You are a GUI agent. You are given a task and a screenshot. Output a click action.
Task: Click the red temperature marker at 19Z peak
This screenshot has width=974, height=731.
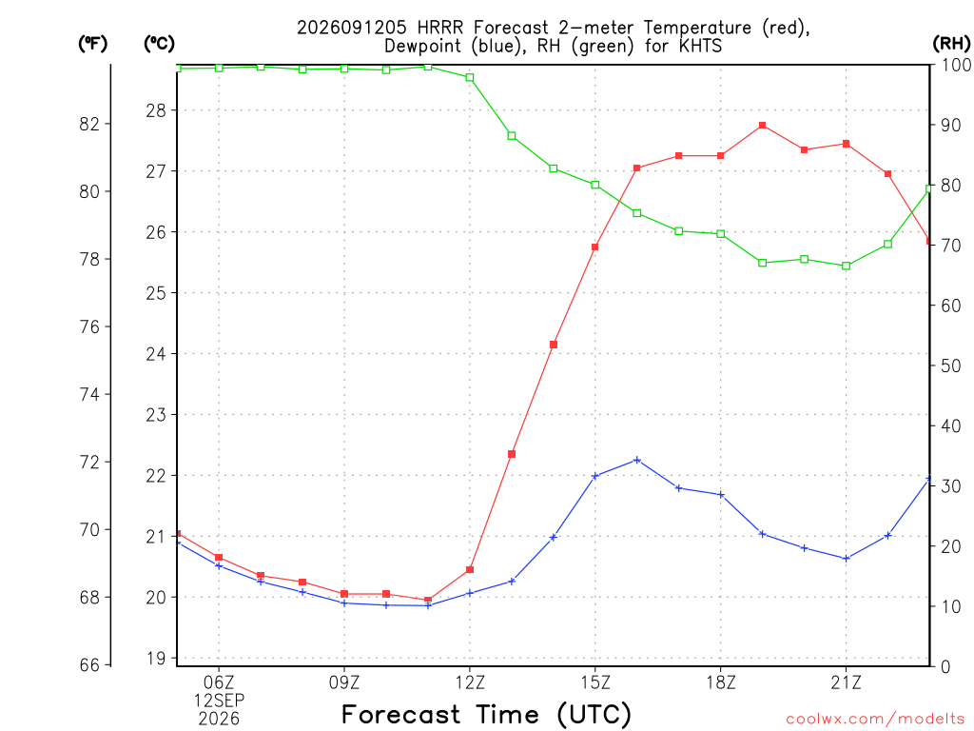coord(762,126)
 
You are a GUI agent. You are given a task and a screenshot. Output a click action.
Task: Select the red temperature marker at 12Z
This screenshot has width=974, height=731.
coord(470,569)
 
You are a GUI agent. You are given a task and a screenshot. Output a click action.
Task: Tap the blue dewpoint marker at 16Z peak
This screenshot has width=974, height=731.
coord(636,460)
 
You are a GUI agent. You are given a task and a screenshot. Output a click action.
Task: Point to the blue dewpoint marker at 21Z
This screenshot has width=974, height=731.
coord(846,559)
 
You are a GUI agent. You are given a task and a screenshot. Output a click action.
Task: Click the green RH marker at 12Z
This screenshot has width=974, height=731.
coord(470,78)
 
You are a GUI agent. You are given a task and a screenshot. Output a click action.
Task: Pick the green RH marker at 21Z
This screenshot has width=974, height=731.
coord(846,267)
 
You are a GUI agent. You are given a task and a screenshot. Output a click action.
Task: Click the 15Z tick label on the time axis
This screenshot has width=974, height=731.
coord(595,683)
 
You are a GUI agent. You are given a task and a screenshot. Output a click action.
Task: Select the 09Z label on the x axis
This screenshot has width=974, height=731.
coord(344,683)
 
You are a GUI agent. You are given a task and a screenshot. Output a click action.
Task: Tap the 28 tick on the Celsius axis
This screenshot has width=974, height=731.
coord(156,110)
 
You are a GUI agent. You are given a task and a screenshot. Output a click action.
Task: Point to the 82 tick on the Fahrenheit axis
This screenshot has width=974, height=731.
coord(89,124)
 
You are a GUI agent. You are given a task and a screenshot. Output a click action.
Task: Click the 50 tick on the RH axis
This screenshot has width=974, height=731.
coord(950,365)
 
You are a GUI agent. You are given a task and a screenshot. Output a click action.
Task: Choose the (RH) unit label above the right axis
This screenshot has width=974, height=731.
coord(951,44)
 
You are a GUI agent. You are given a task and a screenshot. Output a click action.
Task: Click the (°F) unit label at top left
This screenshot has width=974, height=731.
coord(92,44)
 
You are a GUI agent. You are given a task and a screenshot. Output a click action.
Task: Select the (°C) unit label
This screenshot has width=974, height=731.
coord(159,44)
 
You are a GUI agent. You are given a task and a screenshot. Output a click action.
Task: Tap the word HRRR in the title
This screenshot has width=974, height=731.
coord(439,28)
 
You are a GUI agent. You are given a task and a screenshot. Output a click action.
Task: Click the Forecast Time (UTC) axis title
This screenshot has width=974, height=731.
coord(486,715)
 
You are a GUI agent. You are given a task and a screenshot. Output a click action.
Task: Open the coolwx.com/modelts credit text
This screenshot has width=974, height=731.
coord(875,720)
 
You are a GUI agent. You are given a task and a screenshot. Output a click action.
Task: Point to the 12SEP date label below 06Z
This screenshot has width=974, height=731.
coord(220,701)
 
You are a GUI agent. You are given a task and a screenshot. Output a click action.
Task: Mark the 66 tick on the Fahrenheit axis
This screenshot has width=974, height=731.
coord(89,665)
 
